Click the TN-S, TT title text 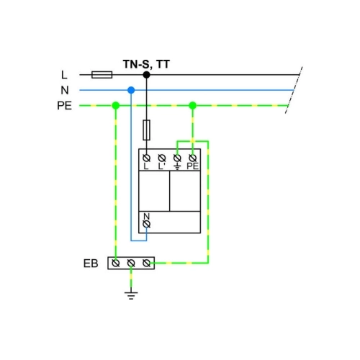[x=146, y=64]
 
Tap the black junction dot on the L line [x=147, y=75]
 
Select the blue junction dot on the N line [x=131, y=90]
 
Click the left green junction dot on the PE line [x=116, y=105]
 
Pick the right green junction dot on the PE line [x=193, y=105]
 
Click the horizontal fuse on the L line [x=102, y=75]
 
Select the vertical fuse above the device [x=147, y=130]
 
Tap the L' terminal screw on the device [x=162, y=158]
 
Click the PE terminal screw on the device [x=193, y=158]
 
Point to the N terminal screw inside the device [x=147, y=224]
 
